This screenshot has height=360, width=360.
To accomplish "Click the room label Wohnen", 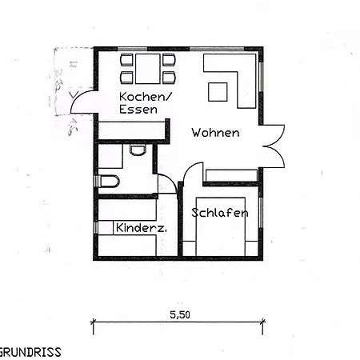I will click(214, 133).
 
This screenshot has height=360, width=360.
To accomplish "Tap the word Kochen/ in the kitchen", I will click(146, 97).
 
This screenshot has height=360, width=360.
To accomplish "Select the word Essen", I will click(138, 110).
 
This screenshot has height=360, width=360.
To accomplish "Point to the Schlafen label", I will click(219, 213).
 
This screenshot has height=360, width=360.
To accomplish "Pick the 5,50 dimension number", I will click(179, 314).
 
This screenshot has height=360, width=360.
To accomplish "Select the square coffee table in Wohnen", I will click(218, 91).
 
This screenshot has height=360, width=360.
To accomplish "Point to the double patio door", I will click(272, 146).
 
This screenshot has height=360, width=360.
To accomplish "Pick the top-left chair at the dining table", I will click(126, 60).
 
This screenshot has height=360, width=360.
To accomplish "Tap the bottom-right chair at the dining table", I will click(168, 78).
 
